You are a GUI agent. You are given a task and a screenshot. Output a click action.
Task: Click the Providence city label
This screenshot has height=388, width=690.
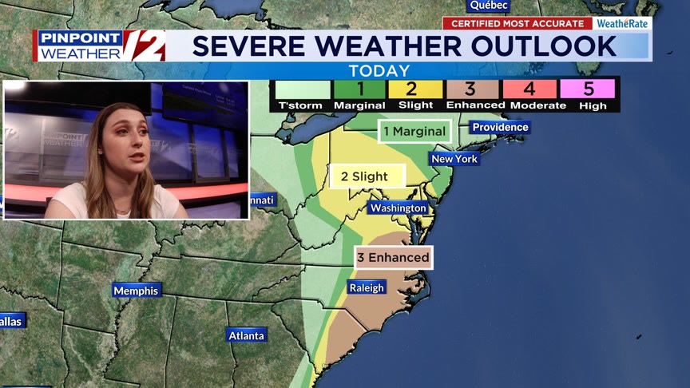click(500, 127)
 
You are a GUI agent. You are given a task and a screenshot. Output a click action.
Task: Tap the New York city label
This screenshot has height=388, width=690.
click(454, 159)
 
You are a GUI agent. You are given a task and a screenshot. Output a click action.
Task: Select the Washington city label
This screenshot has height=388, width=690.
click(398, 208)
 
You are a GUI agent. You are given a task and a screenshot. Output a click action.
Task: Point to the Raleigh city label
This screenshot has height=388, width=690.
click(367, 287)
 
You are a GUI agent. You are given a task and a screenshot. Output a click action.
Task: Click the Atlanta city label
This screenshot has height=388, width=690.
click(246, 335)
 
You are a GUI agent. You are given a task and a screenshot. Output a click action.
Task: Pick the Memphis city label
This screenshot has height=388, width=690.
click(136, 291)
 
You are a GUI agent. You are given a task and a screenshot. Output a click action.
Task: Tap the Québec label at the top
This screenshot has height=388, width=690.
click(489, 6)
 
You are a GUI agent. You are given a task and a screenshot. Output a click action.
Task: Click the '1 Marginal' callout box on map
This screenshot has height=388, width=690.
click(414, 131)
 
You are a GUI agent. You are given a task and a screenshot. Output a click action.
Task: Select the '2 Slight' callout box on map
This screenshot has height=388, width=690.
click(367, 176)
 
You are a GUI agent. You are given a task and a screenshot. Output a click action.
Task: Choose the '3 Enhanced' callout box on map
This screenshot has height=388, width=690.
click(394, 257)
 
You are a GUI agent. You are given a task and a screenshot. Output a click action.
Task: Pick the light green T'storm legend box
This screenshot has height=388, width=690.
click(300, 89)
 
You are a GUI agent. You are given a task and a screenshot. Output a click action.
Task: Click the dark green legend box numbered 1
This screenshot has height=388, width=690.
click(359, 89)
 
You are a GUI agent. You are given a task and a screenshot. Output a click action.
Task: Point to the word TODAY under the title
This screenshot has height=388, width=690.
click(379, 71)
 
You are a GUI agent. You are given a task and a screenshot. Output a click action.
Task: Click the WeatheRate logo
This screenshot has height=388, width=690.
click(623, 23)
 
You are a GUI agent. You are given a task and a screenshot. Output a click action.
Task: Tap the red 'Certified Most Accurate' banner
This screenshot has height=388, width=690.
click(517, 23)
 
